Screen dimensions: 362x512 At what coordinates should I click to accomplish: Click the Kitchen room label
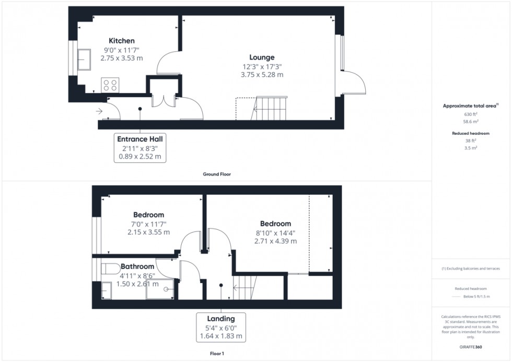coord(122,41)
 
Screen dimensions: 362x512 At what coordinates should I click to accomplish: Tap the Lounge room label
coord(262,57)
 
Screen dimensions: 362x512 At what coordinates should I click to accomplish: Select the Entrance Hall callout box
coord(139,147)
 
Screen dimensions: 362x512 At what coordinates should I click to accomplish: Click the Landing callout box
coord(220,327)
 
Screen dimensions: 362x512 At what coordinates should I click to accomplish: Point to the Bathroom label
coord(137,266)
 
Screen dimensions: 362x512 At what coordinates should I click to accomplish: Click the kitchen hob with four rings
coord(110,85)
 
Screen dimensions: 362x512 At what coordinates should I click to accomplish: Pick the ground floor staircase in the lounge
coord(270,109)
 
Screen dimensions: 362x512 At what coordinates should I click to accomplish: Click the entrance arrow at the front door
coord(100,111)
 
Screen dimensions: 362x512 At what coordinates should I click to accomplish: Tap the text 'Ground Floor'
coord(217,174)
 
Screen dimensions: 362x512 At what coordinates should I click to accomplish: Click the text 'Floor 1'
coord(216,354)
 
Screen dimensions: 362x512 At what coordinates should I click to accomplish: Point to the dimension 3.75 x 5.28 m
coord(262,75)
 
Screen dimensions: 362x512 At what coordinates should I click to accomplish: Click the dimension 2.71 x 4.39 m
coord(275,241)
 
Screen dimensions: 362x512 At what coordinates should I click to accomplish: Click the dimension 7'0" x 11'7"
coord(148,224)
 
